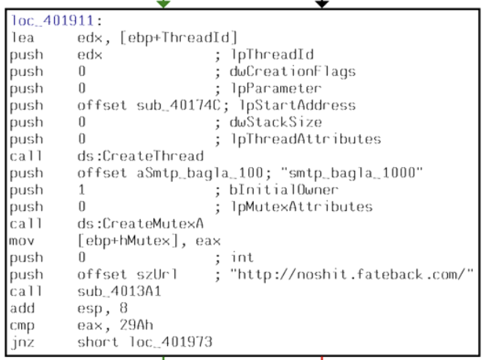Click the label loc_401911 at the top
tap(47, 21)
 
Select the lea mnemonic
tap(22, 37)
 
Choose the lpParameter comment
tap(266, 88)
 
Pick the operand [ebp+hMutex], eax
tap(149, 240)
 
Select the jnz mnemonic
tap(22, 341)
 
